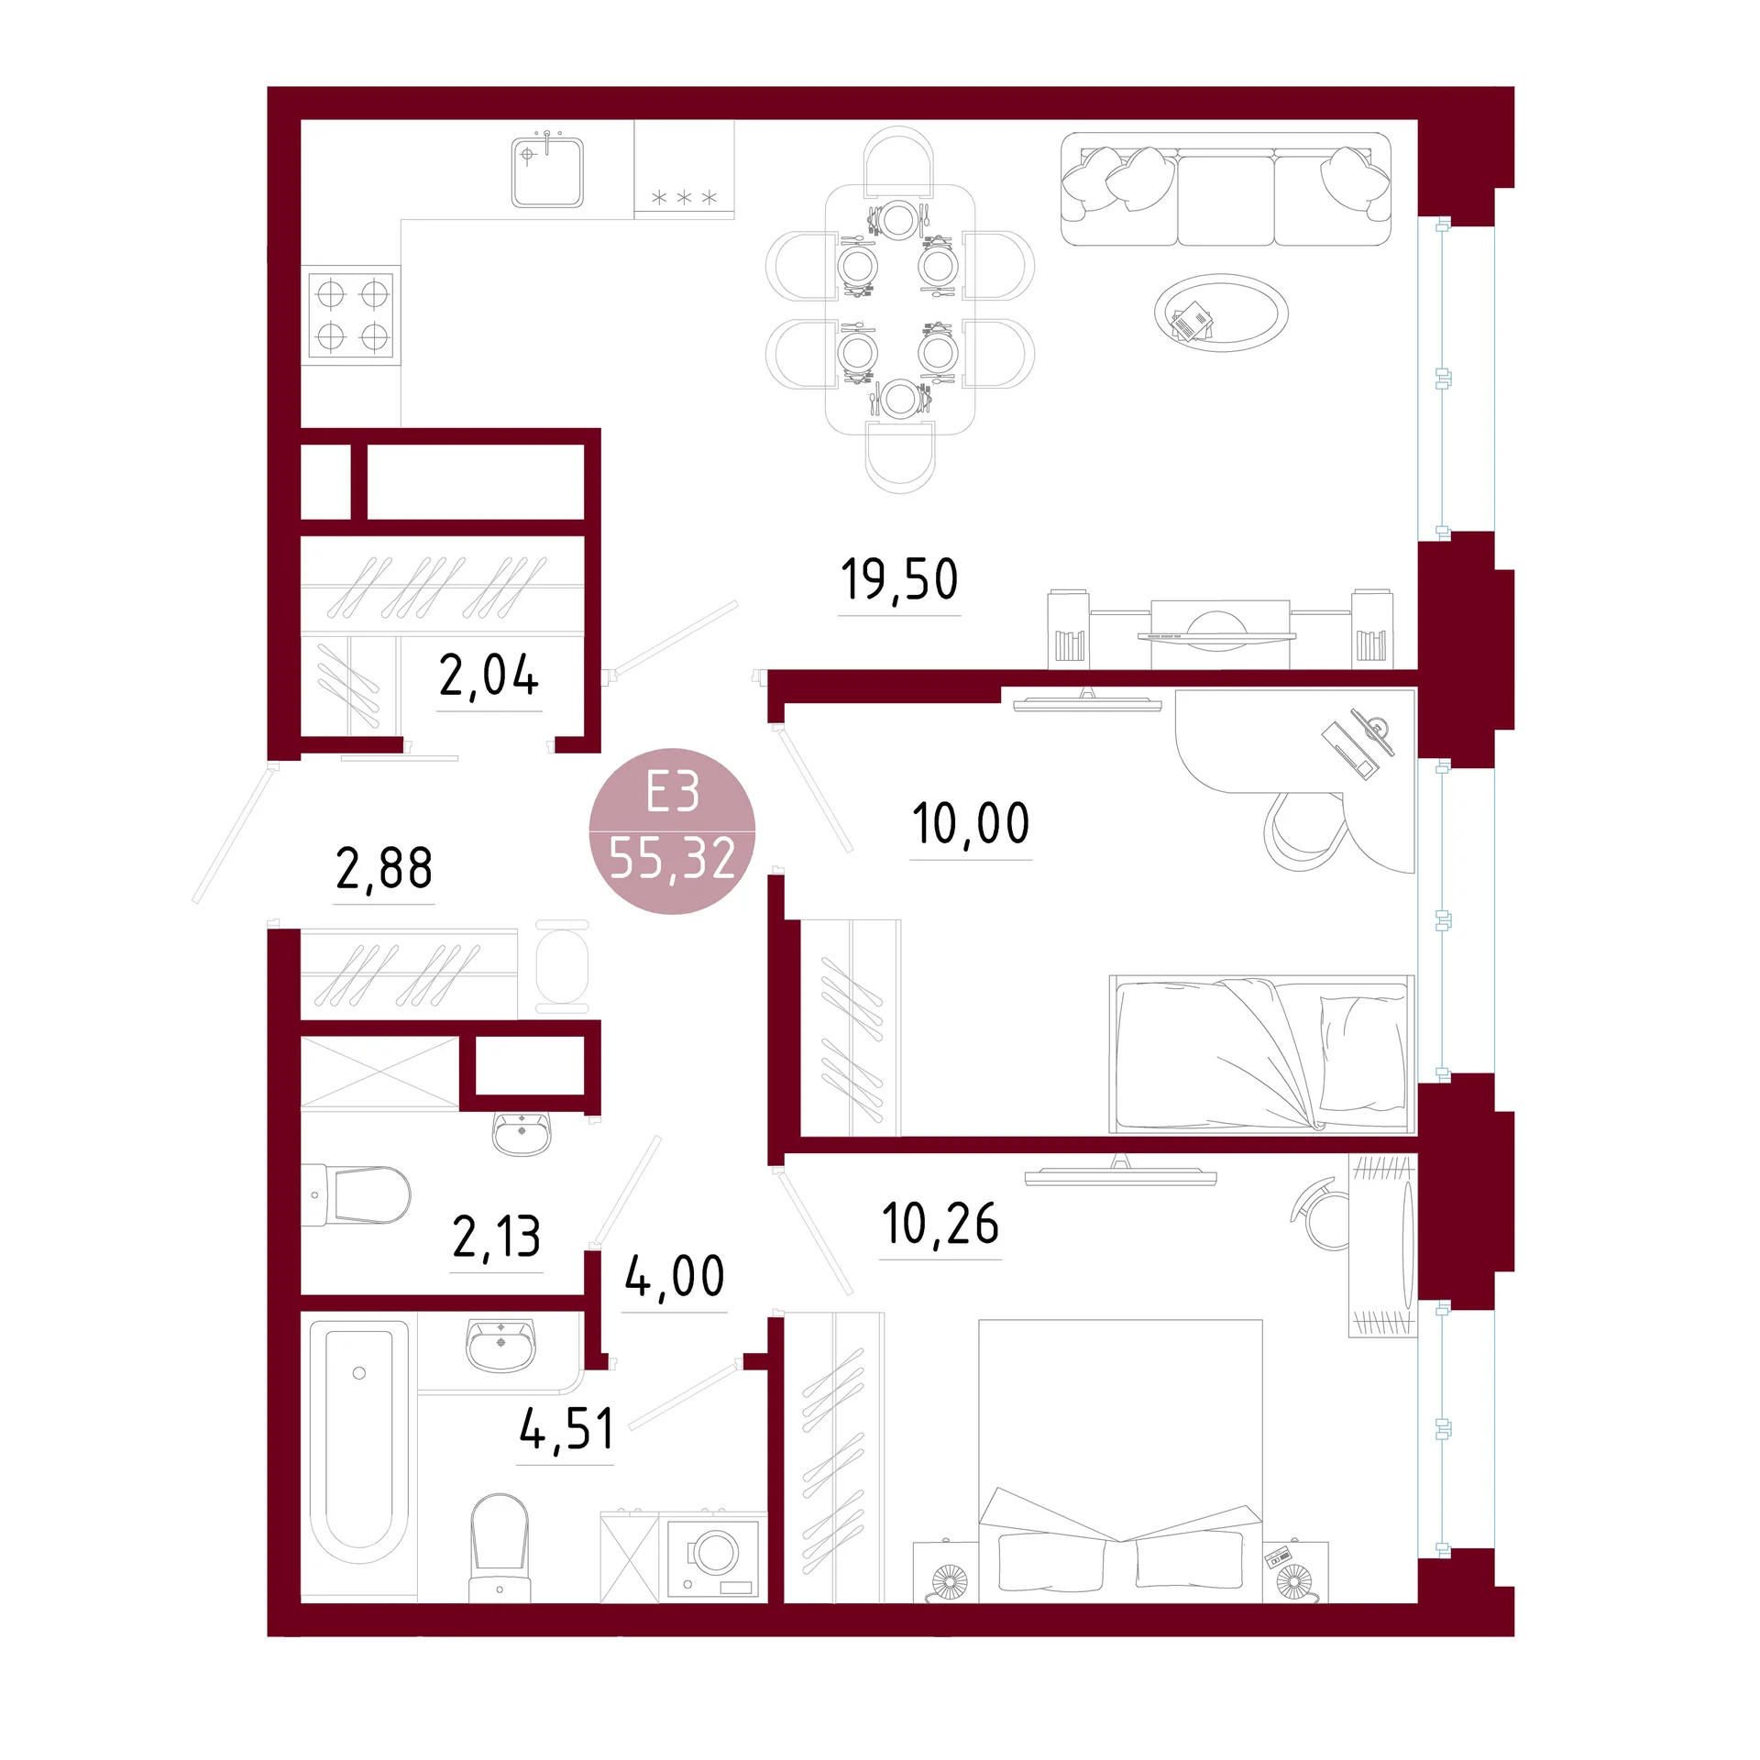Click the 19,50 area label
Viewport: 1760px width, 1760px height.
pos(899,579)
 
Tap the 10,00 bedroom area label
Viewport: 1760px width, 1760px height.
pos(971,823)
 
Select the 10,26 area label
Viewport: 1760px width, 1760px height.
pos(940,1223)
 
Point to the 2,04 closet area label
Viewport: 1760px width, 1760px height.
pos(489,676)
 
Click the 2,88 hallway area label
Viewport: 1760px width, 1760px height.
pos(384,868)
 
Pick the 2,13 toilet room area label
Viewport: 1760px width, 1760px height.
pos(497,1237)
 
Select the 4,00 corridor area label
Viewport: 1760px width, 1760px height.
pos(675,1276)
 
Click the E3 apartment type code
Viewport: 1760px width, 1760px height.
pos(673,792)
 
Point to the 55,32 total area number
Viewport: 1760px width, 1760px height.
pos(673,859)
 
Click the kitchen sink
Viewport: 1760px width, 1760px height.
pos(547,171)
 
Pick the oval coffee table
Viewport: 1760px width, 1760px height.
pos(1221,313)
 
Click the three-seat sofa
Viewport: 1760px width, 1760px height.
pos(1226,190)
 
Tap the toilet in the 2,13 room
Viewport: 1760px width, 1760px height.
pos(357,1195)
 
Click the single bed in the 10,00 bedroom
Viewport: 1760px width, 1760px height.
pos(1261,1055)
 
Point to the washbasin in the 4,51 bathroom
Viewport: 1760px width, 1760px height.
pos(500,1346)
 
